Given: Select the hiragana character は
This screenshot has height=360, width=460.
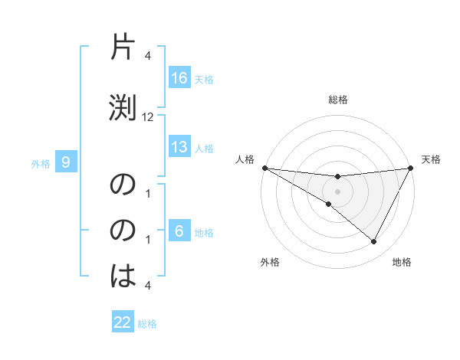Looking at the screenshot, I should click(124, 273).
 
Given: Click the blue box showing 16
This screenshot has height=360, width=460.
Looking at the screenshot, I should click(179, 78).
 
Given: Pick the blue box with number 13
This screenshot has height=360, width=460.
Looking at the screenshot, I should click(179, 148).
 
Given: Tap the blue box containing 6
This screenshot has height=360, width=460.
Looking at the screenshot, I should click(179, 232).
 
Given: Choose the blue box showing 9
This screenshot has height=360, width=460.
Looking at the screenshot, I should click(66, 162).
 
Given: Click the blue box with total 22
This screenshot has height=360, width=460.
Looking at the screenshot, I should click(123, 322).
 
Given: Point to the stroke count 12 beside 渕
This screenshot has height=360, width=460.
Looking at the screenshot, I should click(149, 117).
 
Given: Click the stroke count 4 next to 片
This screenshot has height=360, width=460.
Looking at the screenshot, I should click(148, 57).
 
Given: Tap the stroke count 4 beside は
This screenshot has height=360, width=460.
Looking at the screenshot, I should click(148, 286).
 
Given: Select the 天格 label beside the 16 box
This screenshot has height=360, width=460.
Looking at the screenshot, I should click(204, 79).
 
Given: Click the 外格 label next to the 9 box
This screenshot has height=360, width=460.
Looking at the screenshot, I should click(41, 163).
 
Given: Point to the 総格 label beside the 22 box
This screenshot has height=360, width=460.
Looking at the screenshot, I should click(147, 323).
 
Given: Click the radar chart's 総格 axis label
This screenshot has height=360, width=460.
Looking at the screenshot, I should click(338, 100).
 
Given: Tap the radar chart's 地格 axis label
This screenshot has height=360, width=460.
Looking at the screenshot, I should click(402, 263).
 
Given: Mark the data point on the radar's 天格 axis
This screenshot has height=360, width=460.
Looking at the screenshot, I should click(411, 168).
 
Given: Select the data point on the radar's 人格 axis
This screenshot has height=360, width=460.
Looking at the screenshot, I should click(264, 168).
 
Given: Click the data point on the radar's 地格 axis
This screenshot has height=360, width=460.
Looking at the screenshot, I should click(374, 242).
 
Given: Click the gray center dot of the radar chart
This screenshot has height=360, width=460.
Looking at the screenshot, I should click(338, 191).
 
